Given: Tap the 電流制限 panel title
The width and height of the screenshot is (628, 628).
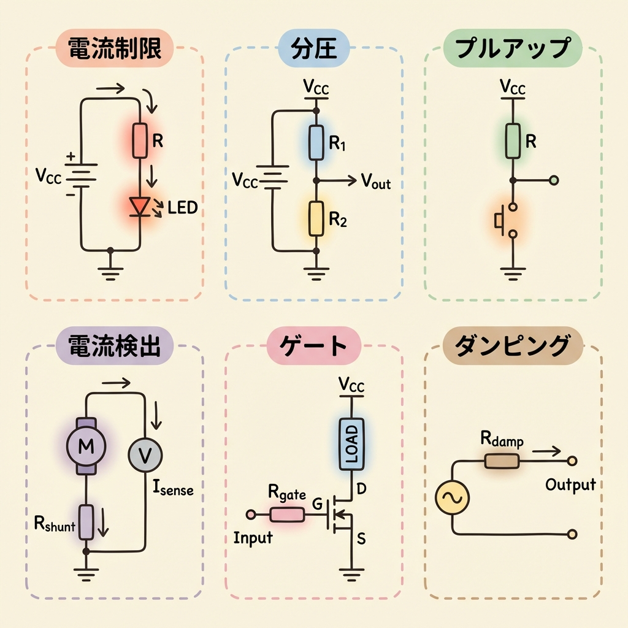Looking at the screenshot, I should point(114,50).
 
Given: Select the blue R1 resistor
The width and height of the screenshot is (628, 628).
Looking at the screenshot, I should point(316,141).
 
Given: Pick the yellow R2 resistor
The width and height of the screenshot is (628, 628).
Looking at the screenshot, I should point(316,218).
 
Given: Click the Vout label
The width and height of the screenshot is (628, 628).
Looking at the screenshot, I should point(375,182).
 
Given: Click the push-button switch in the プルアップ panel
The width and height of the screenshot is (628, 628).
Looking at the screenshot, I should point(506,219).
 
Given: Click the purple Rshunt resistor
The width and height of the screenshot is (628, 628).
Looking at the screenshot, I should point(86,521).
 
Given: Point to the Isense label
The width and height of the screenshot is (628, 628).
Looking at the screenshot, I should point(172,489).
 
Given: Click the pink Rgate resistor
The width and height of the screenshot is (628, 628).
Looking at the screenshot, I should point(288,513).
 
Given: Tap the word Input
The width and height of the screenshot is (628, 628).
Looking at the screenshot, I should point(253,538).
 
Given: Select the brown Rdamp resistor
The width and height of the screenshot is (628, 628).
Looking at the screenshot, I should point(502,461).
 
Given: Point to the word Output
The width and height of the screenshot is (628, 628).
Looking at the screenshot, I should point(570,484).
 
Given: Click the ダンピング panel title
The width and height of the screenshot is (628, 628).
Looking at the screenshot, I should point(512,347).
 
